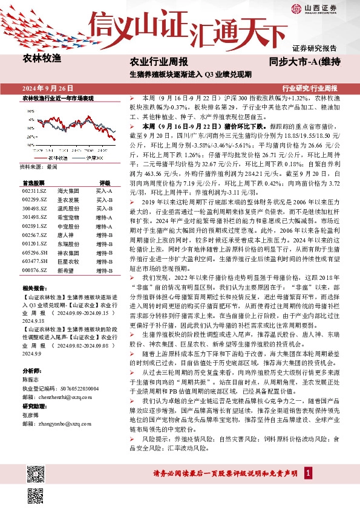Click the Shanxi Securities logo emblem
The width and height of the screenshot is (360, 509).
tap(296, 9)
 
